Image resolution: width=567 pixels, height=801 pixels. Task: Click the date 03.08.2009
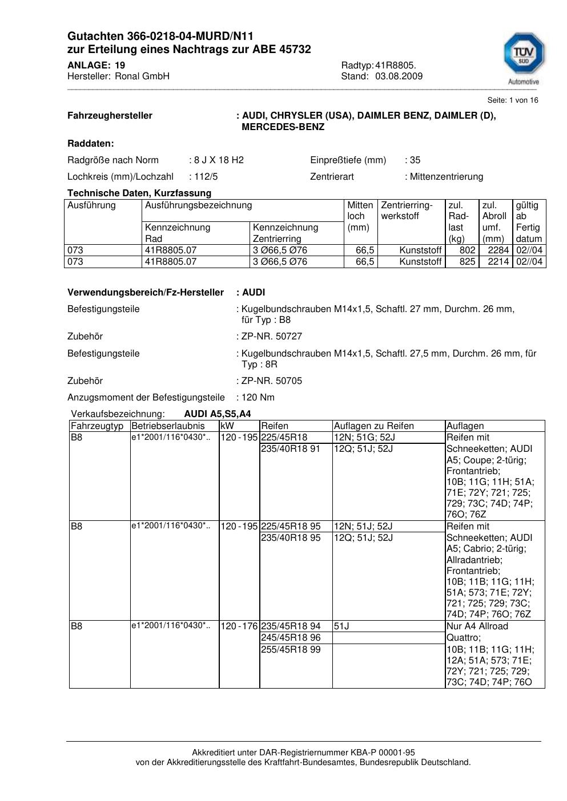click(x=399, y=76)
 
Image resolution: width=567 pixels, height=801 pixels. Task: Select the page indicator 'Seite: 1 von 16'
click(x=512, y=100)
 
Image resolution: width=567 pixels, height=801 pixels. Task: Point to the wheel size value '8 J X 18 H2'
click(x=219, y=160)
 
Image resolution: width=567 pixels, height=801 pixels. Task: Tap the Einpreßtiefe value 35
click(x=415, y=160)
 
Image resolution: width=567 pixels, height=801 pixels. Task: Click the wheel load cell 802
click(x=467, y=250)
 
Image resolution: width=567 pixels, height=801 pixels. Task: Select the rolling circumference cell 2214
click(x=498, y=262)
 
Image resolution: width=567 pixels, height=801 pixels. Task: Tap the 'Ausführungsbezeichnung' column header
click(x=198, y=205)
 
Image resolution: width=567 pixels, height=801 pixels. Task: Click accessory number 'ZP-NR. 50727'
click(x=272, y=337)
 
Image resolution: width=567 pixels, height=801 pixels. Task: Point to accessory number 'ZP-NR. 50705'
click(x=272, y=381)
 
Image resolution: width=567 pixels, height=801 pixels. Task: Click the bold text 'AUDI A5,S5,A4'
click(x=218, y=414)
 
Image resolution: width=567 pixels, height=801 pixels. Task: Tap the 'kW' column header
click(x=227, y=426)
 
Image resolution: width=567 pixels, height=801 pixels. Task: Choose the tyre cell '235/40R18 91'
click(x=291, y=449)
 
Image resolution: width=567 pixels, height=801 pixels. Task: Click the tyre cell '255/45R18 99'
click(x=291, y=650)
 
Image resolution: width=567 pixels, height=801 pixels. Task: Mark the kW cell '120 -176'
click(x=239, y=626)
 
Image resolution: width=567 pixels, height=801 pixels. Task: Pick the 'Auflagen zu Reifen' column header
click(x=373, y=426)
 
